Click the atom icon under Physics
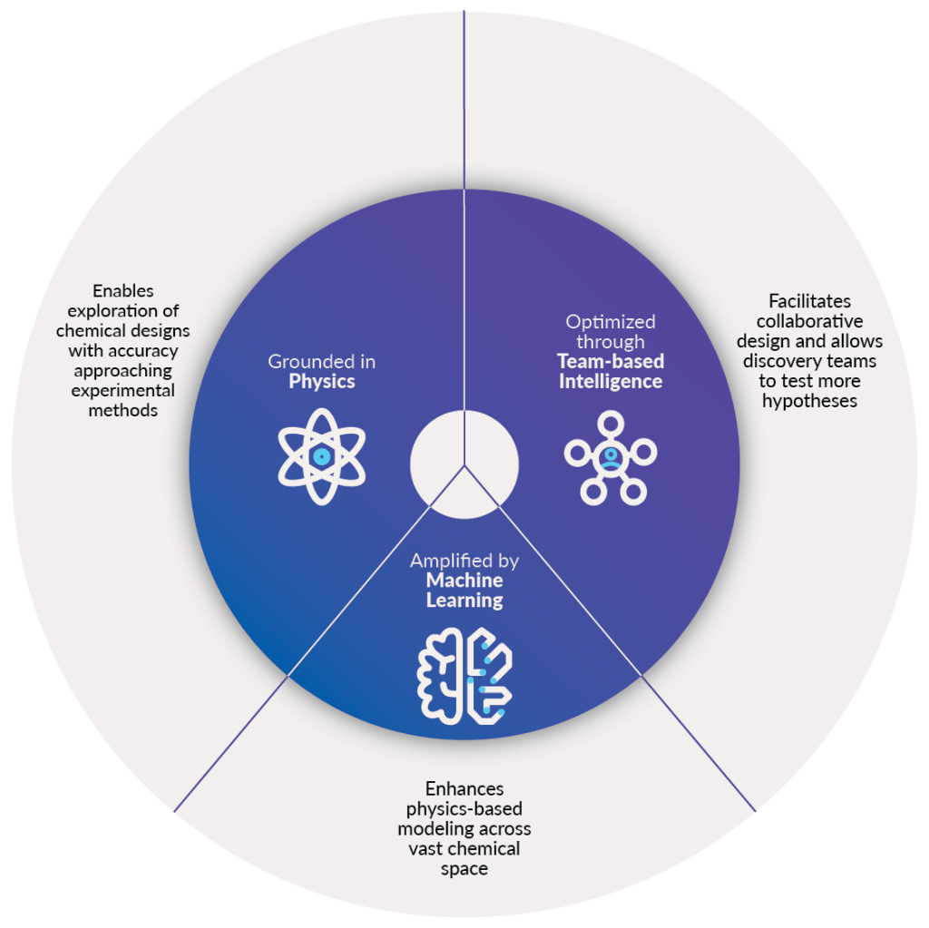click(x=322, y=456)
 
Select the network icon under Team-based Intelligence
click(x=611, y=457)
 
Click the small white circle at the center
click(x=464, y=464)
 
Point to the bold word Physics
click(x=322, y=382)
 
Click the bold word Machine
click(x=464, y=581)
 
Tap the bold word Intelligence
click(x=611, y=382)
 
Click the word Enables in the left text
click(x=123, y=291)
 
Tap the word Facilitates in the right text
click(x=810, y=300)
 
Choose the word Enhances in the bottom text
click(x=464, y=789)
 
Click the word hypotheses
click(x=810, y=400)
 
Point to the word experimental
click(x=123, y=391)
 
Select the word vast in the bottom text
click(x=432, y=849)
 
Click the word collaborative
click(x=810, y=321)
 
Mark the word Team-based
click(x=611, y=362)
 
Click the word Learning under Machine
click(x=464, y=600)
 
